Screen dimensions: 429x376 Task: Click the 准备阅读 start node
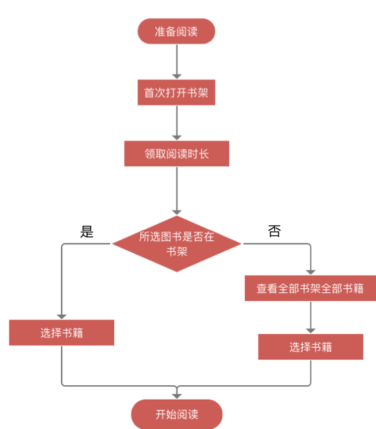coord(176,31)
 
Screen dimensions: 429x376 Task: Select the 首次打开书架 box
coord(176,93)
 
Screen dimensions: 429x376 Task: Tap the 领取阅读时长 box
coord(176,154)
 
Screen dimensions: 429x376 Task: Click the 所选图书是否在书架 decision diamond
coord(176,244)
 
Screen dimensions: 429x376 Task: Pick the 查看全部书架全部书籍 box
coord(310,289)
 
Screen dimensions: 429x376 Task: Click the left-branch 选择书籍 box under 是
coord(62,333)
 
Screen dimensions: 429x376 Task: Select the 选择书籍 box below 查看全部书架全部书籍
coord(310,347)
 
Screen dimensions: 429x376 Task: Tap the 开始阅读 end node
coord(176,415)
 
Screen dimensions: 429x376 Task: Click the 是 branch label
coord(87,232)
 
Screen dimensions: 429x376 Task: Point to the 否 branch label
coord(274,232)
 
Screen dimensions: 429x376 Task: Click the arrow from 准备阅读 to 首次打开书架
coord(176,62)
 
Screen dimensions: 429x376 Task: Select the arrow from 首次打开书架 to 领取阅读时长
coord(176,123)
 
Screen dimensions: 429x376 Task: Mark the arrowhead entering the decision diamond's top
coord(176,211)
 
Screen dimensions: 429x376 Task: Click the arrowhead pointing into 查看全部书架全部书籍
coord(310,272)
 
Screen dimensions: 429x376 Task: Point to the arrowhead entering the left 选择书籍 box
coord(62,315)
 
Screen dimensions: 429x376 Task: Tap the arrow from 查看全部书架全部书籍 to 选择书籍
coord(310,317)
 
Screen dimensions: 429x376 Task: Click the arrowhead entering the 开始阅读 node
coord(176,395)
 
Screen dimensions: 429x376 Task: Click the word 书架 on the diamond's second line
coord(177,251)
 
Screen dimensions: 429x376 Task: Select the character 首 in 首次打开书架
coord(149,93)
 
